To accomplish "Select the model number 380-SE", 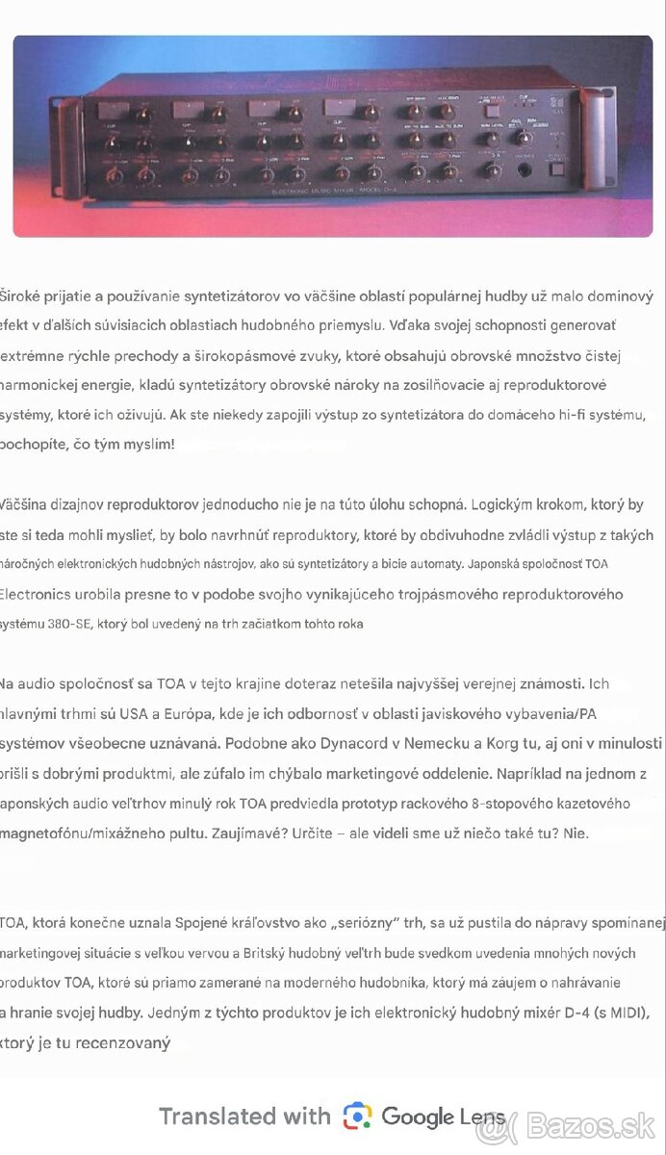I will point(69,624).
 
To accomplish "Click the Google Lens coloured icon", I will point(357,1116).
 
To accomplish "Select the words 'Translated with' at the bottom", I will point(244,1116).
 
